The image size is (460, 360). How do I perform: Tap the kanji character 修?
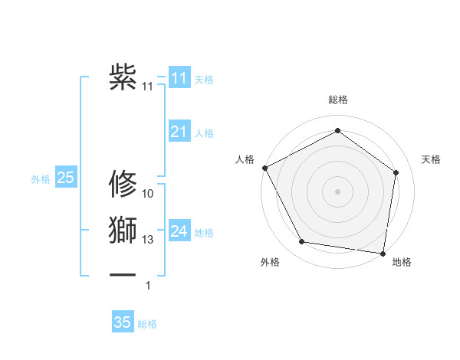pyautogui.click(x=123, y=184)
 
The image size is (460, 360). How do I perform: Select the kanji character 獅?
pyautogui.click(x=123, y=231)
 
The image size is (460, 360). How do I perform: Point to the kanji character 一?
pyautogui.click(x=123, y=273)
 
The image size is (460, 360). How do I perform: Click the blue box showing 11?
pyautogui.click(x=179, y=78)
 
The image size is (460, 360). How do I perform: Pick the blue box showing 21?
pyautogui.click(x=179, y=133)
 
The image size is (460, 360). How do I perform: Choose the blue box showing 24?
pyautogui.click(x=179, y=231)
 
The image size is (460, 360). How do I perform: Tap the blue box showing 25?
pyautogui.click(x=65, y=178)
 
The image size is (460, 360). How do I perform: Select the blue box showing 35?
pyautogui.click(x=123, y=322)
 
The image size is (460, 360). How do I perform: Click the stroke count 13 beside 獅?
pyautogui.click(x=148, y=240)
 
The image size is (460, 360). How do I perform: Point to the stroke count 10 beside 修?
pyautogui.click(x=148, y=193)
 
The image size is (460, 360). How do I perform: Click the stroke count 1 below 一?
pyautogui.click(x=148, y=286)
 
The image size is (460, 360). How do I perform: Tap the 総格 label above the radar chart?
pyautogui.click(x=337, y=100)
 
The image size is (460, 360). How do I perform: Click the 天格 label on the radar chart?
pyautogui.click(x=431, y=159)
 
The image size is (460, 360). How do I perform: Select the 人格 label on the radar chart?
pyautogui.click(x=245, y=159)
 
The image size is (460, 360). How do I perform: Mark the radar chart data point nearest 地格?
pyautogui.click(x=383, y=253)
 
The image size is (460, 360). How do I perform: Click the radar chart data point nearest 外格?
pyautogui.click(x=302, y=242)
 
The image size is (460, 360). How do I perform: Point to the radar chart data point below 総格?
pyautogui.click(x=337, y=131)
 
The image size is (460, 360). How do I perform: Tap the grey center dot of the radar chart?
pyautogui.click(x=337, y=191)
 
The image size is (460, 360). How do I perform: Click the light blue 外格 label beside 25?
pyautogui.click(x=41, y=179)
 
